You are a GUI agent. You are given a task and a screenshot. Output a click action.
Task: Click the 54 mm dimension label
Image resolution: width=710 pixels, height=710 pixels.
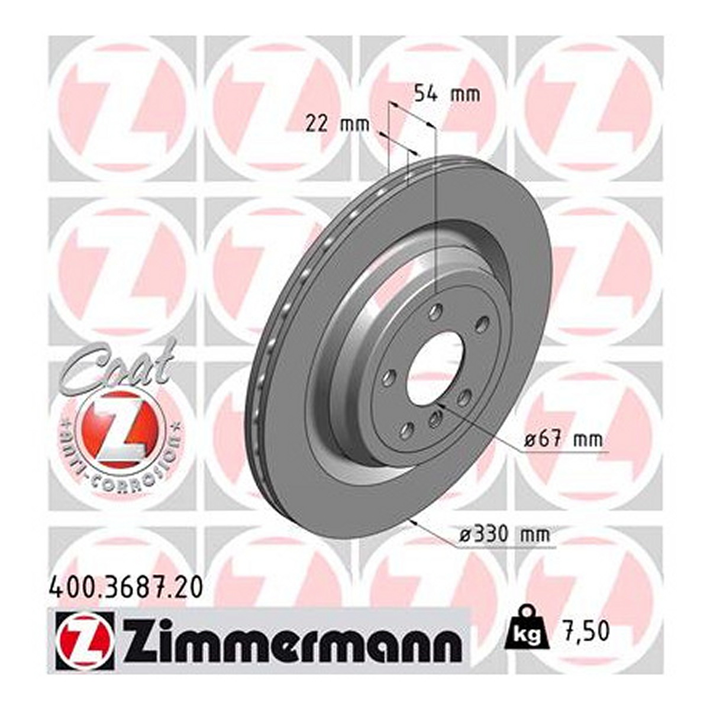coord(447,94)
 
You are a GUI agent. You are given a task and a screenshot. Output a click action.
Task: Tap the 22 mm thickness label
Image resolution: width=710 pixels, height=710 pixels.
coord(337,125)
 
